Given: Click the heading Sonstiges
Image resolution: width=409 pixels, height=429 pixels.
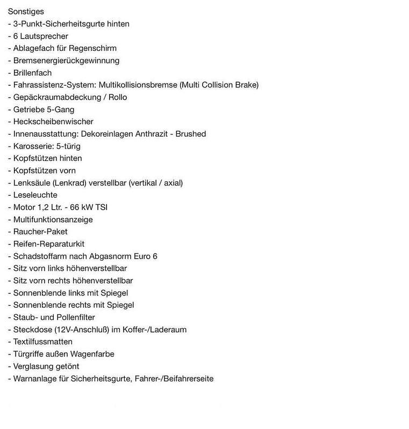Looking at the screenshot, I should point(26,11).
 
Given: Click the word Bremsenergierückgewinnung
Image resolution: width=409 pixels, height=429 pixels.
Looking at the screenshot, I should point(67,61).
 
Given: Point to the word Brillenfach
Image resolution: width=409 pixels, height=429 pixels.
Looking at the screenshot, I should point(32,72).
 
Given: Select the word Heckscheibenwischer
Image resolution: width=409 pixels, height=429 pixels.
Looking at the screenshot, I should point(53,122).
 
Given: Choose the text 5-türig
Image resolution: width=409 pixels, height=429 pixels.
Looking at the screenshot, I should point(67,146).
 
